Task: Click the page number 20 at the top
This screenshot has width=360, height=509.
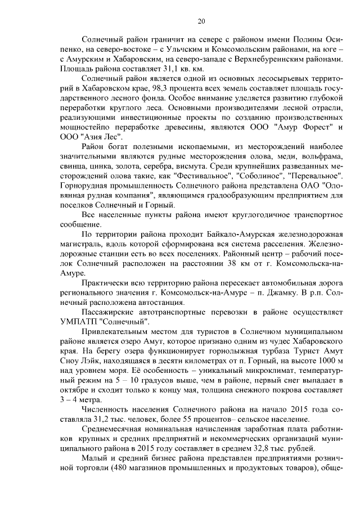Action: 201,21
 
